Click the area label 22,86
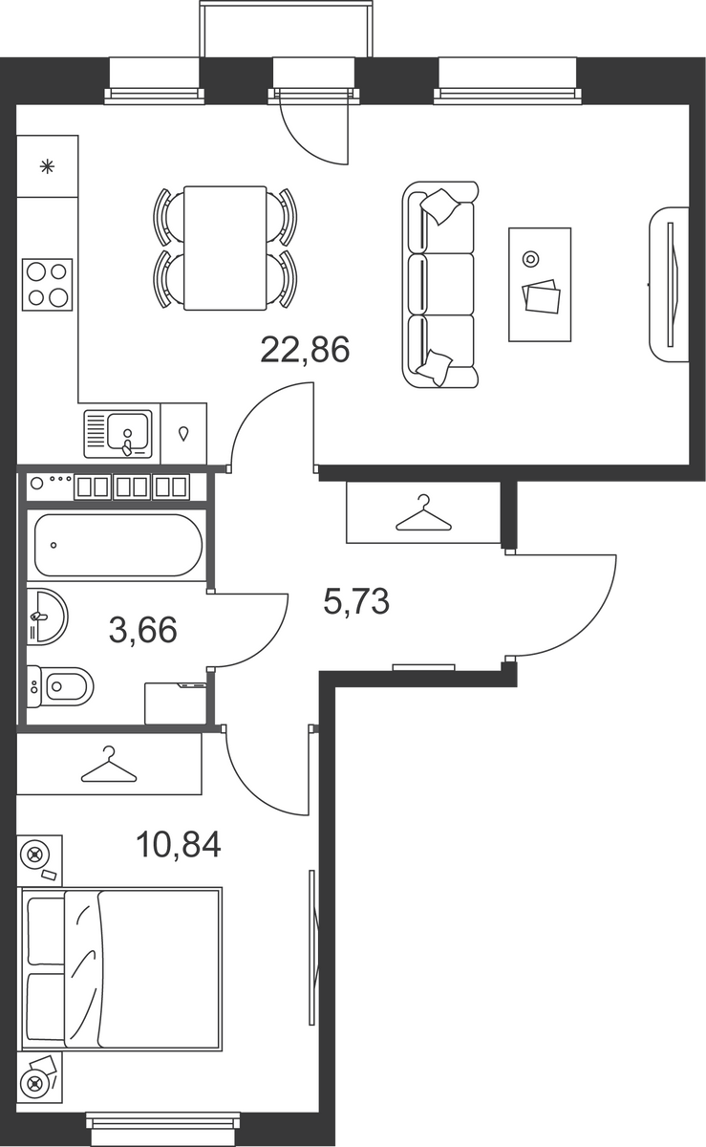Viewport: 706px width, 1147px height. point(305,350)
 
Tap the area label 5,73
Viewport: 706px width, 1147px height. point(356,600)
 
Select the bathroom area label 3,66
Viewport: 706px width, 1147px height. point(143,629)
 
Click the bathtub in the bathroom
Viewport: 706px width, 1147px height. point(118,546)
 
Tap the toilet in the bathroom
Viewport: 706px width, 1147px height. point(60,686)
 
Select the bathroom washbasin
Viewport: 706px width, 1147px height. point(46,617)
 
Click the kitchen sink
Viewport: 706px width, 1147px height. point(118,433)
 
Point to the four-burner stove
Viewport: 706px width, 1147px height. point(47,284)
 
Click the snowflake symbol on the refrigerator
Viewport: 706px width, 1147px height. point(47,166)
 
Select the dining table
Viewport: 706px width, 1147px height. point(225,249)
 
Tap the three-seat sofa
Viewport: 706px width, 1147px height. point(440,284)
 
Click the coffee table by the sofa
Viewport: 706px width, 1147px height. point(540,285)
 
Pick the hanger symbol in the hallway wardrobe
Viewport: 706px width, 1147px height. point(424,512)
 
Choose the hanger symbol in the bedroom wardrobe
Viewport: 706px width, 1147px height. point(109,765)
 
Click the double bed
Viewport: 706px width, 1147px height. point(120,969)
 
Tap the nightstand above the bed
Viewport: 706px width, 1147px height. point(40,861)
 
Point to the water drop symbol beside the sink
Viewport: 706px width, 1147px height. point(183,434)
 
